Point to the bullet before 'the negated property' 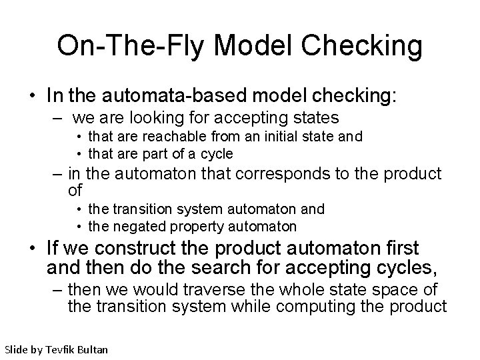79,226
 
